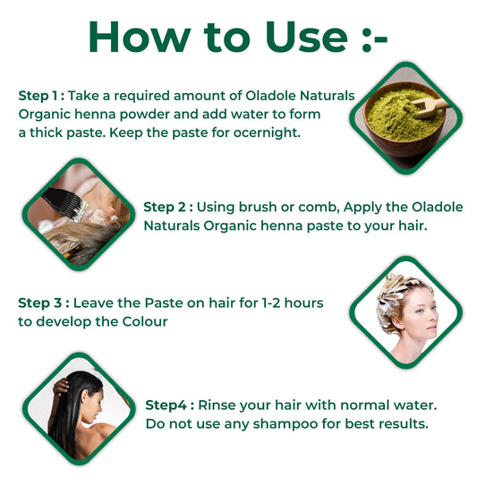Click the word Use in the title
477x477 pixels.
pos(307,37)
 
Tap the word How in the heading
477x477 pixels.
pos(140,37)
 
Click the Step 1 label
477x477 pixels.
pos(41,96)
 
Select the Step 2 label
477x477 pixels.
pos(168,207)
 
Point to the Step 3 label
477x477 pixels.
pos(44,303)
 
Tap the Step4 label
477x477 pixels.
pos(169,405)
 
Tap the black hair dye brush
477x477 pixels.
pos(64,203)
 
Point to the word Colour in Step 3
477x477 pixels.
pos(145,322)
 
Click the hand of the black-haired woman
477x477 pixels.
pos(61,387)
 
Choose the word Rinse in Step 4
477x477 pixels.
pos(217,405)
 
